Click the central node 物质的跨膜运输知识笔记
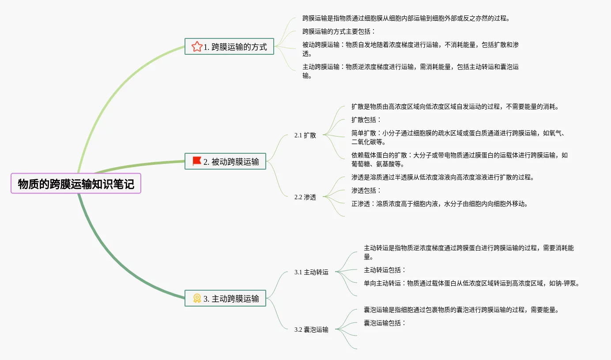[x=75, y=183]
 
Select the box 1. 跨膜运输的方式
[x=229, y=46]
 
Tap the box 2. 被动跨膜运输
[x=225, y=161]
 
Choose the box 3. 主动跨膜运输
[x=225, y=298]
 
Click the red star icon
[x=197, y=46]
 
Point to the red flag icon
[x=197, y=161]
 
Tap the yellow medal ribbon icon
[x=197, y=298]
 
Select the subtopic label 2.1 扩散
[x=305, y=135]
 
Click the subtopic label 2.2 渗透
[x=305, y=197]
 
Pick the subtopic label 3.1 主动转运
[x=311, y=272]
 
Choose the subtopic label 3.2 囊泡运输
[x=311, y=330]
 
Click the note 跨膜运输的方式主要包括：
[x=339, y=31]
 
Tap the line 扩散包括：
[x=366, y=120]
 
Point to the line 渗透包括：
[x=366, y=190]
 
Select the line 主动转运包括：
[x=385, y=270]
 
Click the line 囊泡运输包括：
[x=385, y=323]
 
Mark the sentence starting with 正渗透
[x=440, y=204]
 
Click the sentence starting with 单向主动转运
[x=471, y=283]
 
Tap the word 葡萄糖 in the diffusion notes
[x=361, y=164]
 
